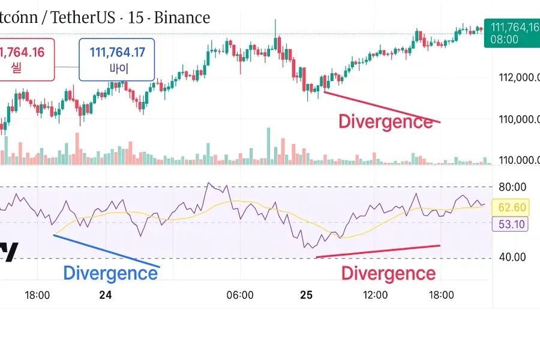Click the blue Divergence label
pyautogui.click(x=110, y=273)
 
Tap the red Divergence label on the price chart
pyautogui.click(x=385, y=121)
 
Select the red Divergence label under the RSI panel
pyautogui.click(x=388, y=274)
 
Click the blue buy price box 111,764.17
pyautogui.click(x=117, y=59)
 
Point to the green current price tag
pyautogui.click(x=513, y=33)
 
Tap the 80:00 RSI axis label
pyautogui.click(x=512, y=187)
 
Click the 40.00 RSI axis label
pyautogui.click(x=512, y=257)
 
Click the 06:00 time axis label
pyautogui.click(x=240, y=295)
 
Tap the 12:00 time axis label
pyautogui.click(x=375, y=295)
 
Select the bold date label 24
pyautogui.click(x=106, y=295)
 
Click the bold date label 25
pyautogui.click(x=307, y=295)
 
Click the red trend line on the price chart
pyautogui.click(x=382, y=107)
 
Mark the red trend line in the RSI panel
pyautogui.click(x=378, y=251)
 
